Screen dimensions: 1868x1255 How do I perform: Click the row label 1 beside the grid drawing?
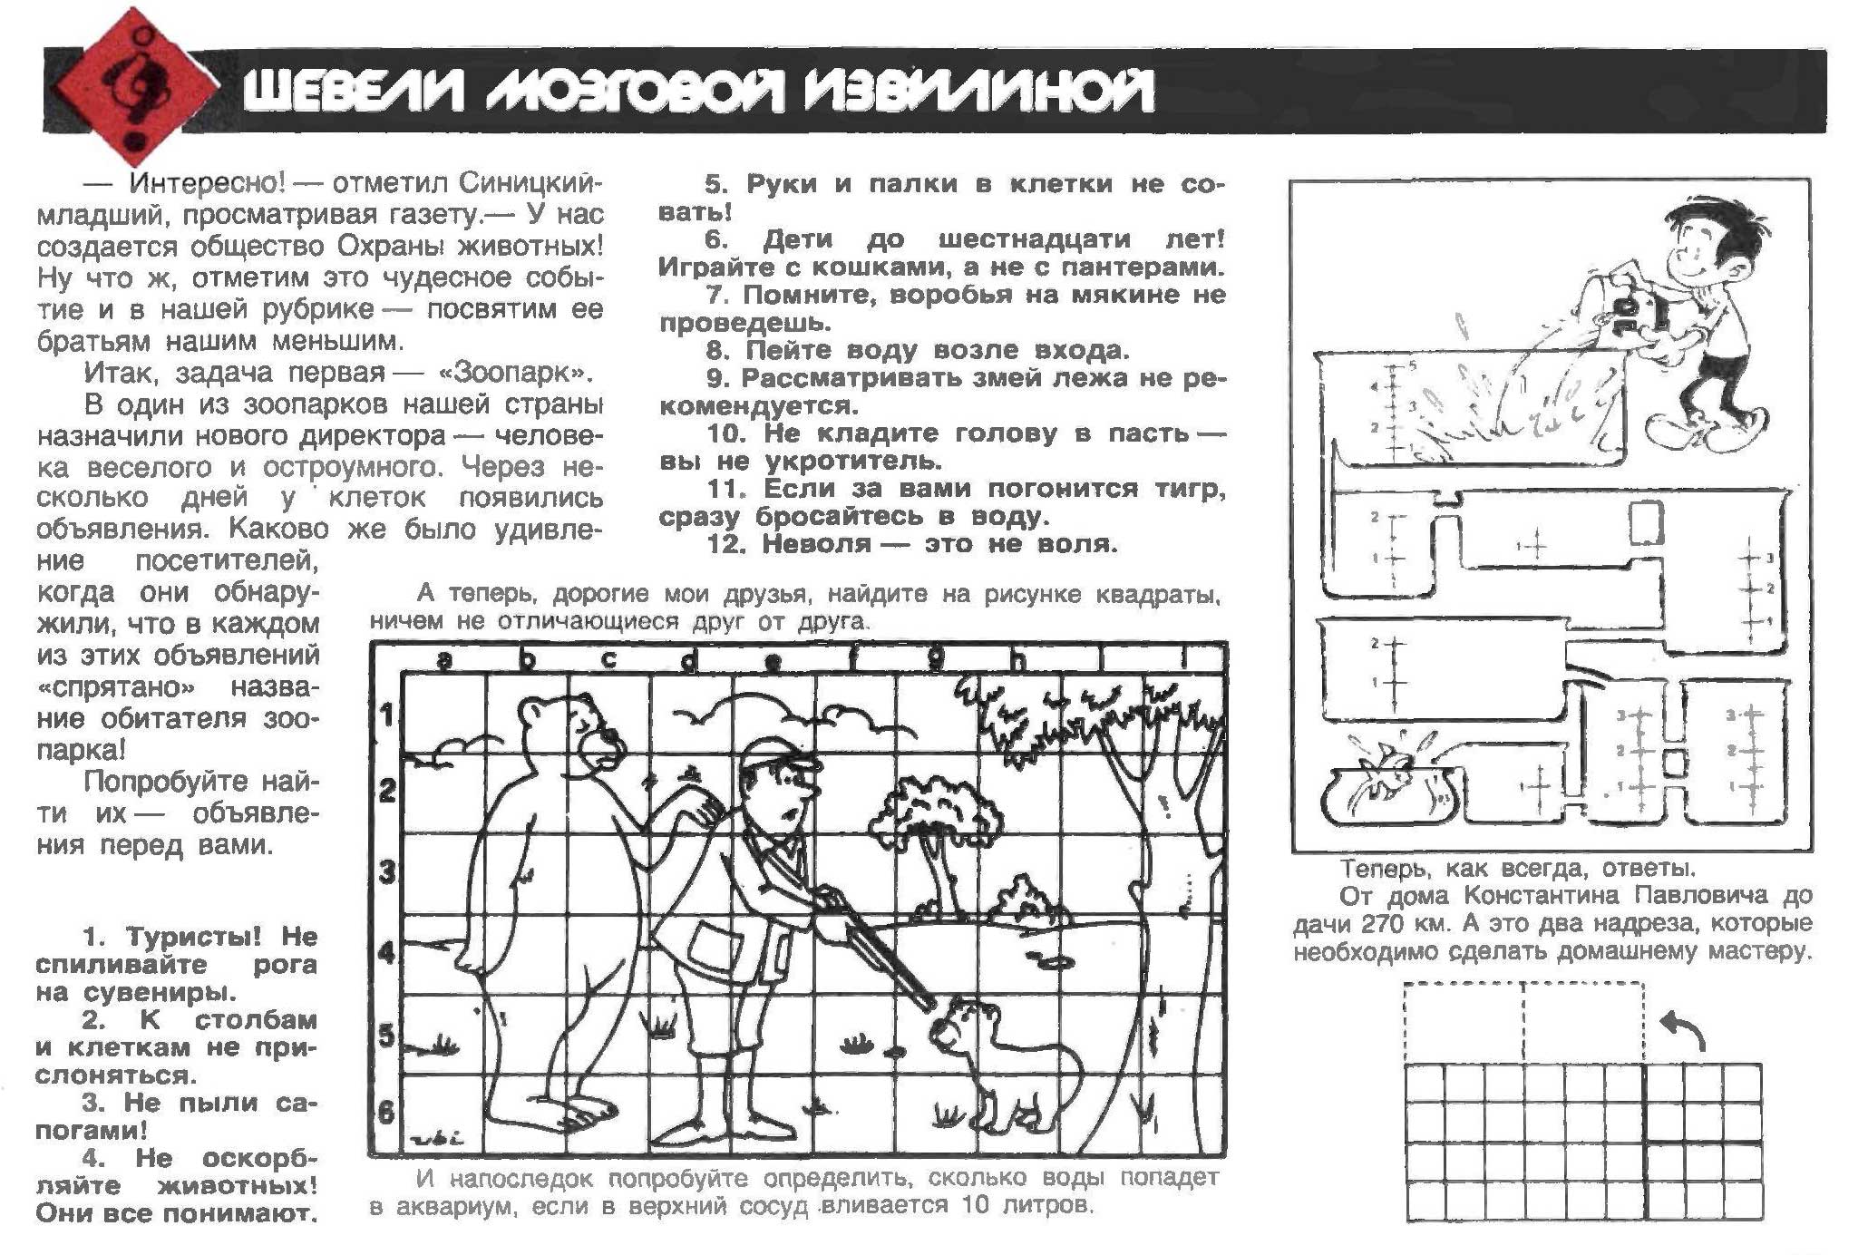tap(388, 715)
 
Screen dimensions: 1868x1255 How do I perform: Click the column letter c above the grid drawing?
tap(608, 660)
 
